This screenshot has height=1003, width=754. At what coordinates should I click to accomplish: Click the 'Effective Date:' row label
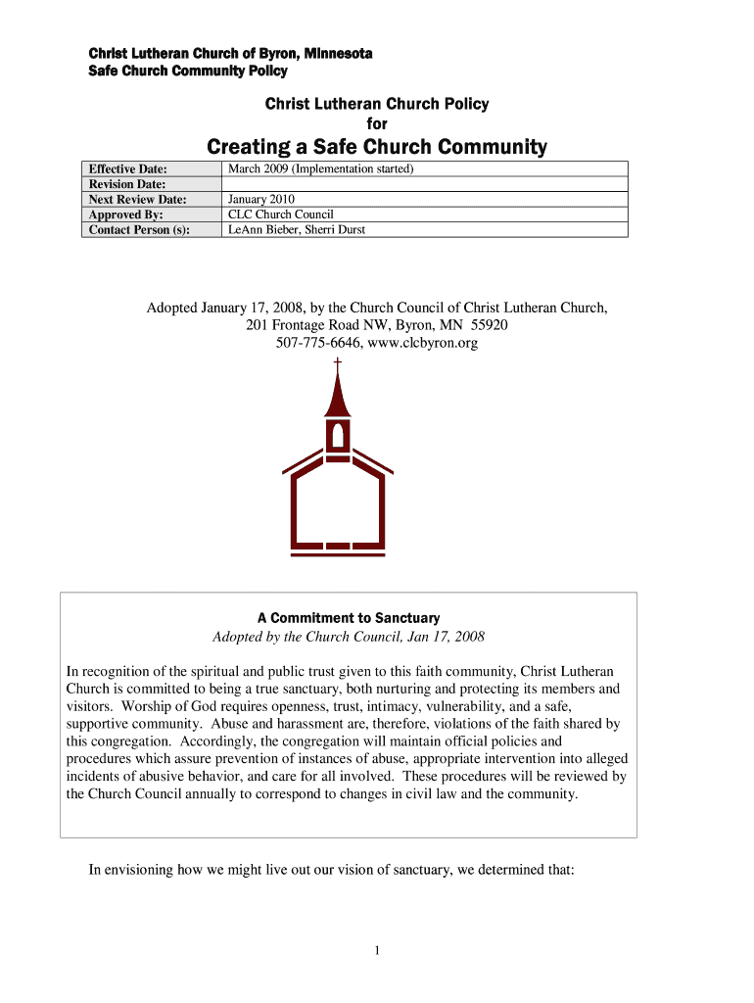click(x=128, y=169)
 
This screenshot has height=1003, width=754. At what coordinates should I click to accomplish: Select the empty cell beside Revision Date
click(x=424, y=184)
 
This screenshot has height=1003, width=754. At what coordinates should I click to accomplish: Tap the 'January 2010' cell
click(x=260, y=199)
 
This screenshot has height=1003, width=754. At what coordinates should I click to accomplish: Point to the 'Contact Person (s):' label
click(x=139, y=229)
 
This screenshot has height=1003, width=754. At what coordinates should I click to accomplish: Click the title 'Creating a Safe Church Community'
click(x=377, y=147)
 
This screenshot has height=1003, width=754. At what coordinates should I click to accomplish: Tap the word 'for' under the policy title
click(x=377, y=124)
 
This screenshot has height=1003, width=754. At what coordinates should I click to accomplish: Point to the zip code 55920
click(x=490, y=325)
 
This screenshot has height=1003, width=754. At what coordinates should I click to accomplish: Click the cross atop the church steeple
click(x=338, y=363)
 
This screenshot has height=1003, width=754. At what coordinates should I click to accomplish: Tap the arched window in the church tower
click(x=338, y=433)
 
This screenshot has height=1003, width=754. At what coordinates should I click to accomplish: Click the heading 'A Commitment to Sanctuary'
click(x=349, y=618)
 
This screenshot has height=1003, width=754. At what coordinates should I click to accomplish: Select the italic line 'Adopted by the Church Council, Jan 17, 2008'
click(x=349, y=637)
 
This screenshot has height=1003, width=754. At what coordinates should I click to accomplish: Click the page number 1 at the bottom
click(x=377, y=950)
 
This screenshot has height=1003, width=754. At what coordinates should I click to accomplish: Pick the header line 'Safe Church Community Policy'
click(x=188, y=72)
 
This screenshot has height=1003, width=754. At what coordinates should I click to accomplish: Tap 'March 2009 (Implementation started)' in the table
click(x=321, y=169)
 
